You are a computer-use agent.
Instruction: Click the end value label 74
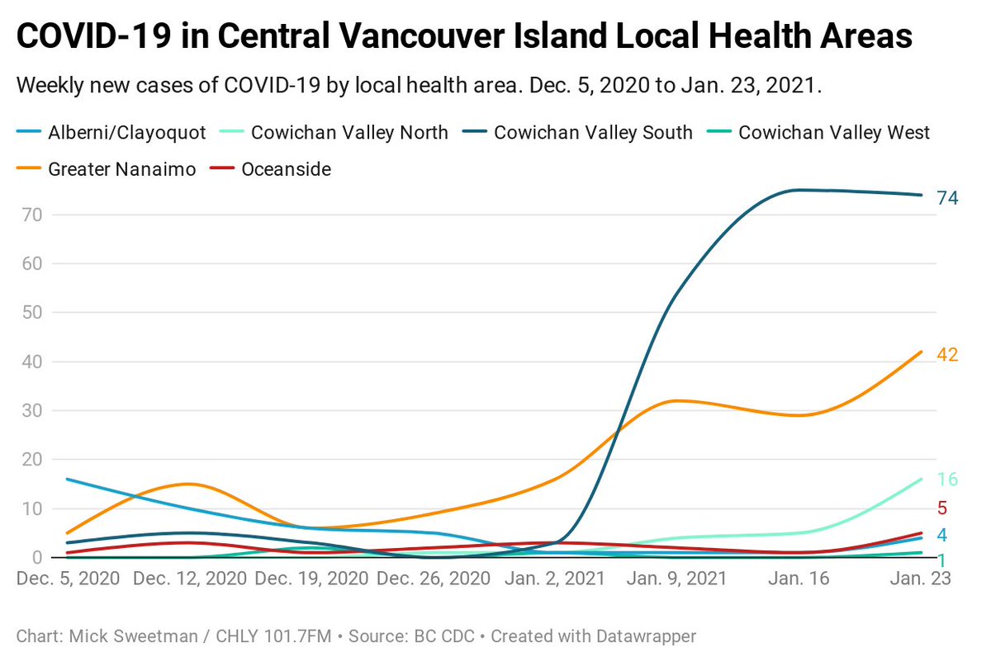click(x=947, y=198)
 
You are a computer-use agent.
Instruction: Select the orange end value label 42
click(x=947, y=355)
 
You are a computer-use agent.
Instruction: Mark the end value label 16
click(x=947, y=480)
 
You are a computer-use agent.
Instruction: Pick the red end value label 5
click(x=941, y=508)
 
